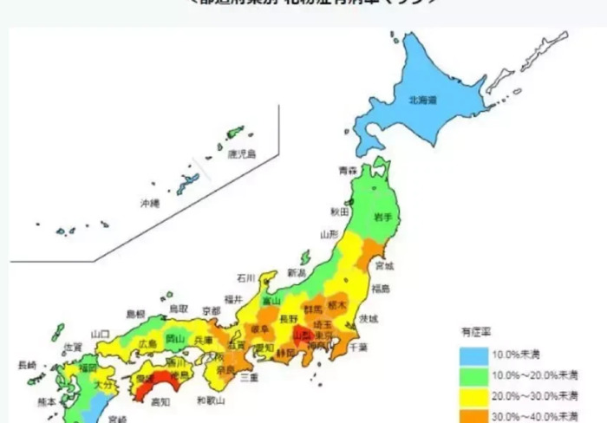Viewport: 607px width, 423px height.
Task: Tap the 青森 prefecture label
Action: tap(348, 171)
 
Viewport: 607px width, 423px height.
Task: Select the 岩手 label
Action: tap(382, 215)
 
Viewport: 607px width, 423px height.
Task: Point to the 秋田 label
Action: tap(339, 211)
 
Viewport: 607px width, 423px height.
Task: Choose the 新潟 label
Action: tap(296, 272)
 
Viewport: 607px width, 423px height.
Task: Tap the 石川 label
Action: tap(245, 278)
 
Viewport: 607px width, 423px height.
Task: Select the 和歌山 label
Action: tap(211, 400)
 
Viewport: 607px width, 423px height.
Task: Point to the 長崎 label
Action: tap(27, 365)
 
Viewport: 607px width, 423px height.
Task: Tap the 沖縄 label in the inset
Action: tap(150, 204)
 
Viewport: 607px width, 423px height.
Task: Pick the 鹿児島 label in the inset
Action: tap(242, 154)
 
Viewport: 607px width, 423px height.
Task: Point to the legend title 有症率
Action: tap(474, 331)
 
